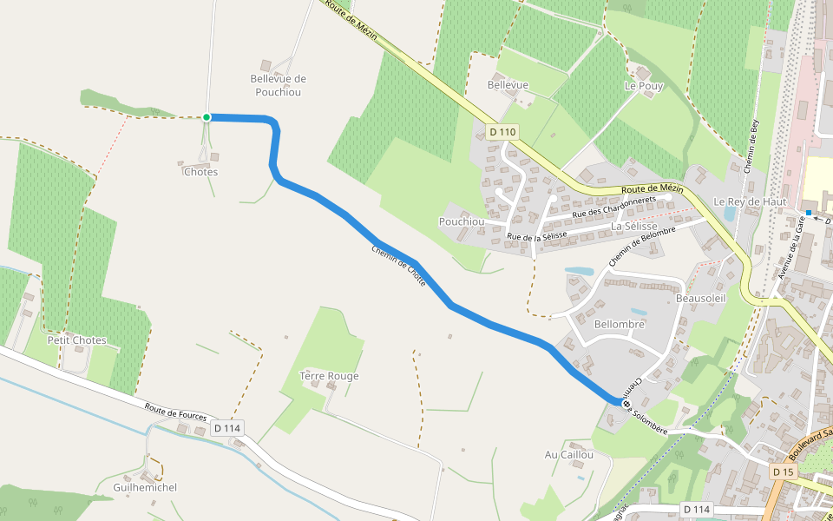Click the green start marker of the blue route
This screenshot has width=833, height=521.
[x=207, y=117]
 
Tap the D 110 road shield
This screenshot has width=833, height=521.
[x=502, y=132]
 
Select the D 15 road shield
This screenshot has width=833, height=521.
[x=783, y=472]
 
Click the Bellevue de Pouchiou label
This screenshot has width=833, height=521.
[x=278, y=85]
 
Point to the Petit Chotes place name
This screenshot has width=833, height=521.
[x=76, y=340]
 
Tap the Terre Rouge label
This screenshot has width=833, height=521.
[x=329, y=376]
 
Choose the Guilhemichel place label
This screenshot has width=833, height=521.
[x=145, y=487]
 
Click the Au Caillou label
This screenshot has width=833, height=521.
[x=568, y=454]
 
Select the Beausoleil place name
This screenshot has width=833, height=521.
[x=700, y=298]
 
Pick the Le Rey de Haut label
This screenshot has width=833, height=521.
[x=738, y=201]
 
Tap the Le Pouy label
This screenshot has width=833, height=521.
[x=643, y=86]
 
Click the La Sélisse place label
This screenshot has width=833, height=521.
[x=633, y=226]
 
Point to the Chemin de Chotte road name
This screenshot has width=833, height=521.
[x=398, y=267]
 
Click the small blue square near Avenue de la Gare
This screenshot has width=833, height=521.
[x=808, y=213]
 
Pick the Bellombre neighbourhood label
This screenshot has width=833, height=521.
[x=620, y=324]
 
